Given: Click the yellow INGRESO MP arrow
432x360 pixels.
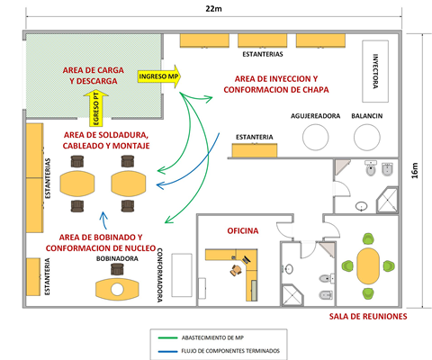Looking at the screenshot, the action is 159,76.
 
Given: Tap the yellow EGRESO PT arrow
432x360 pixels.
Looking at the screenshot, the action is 95,109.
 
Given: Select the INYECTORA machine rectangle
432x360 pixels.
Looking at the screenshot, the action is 375,71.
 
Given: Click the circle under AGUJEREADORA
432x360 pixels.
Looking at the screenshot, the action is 315,137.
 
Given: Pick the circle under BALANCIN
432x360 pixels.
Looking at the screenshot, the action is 367,137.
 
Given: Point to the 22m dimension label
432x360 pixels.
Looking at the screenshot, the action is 213,8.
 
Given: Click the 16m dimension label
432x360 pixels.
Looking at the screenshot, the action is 415,171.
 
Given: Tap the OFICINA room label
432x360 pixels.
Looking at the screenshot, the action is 243,230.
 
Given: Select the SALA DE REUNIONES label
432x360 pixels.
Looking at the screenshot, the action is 368,317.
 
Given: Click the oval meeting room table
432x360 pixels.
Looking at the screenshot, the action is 368,265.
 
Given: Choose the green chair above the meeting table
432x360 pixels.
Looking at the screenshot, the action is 368,238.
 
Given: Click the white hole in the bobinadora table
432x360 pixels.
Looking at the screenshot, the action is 117,290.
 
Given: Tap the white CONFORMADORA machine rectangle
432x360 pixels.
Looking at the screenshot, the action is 182,275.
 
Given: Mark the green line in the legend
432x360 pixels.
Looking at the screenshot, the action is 167,338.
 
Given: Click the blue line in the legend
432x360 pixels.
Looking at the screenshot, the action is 167,351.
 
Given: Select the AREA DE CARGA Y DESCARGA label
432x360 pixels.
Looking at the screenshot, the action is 94,76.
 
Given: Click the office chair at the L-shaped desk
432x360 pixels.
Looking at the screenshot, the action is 236,270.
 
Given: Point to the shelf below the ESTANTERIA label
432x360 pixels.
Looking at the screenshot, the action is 255,150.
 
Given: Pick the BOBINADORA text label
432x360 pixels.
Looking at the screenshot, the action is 117,258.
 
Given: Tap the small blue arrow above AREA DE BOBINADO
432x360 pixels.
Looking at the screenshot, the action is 104,220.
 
